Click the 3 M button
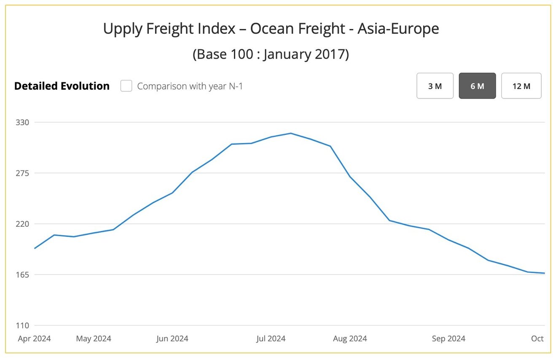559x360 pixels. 435,86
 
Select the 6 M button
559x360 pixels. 477,86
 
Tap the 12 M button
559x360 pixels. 521,86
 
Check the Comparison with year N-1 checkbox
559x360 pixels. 126,86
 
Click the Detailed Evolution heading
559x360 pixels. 62,86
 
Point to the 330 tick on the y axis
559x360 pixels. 23,122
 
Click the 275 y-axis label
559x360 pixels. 23,173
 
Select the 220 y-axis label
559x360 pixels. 23,224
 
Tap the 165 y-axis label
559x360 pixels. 23,274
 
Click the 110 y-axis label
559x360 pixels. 23,325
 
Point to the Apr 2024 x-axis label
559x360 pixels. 34,339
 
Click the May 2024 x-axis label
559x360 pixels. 94,339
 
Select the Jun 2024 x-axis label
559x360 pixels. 172,339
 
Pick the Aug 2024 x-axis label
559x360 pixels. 350,339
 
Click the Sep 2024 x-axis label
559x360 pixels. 449,339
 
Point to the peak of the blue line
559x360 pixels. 290,133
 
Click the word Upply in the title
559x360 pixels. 122,29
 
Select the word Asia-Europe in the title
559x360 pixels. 398,29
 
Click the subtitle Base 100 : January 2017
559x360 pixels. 271,54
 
